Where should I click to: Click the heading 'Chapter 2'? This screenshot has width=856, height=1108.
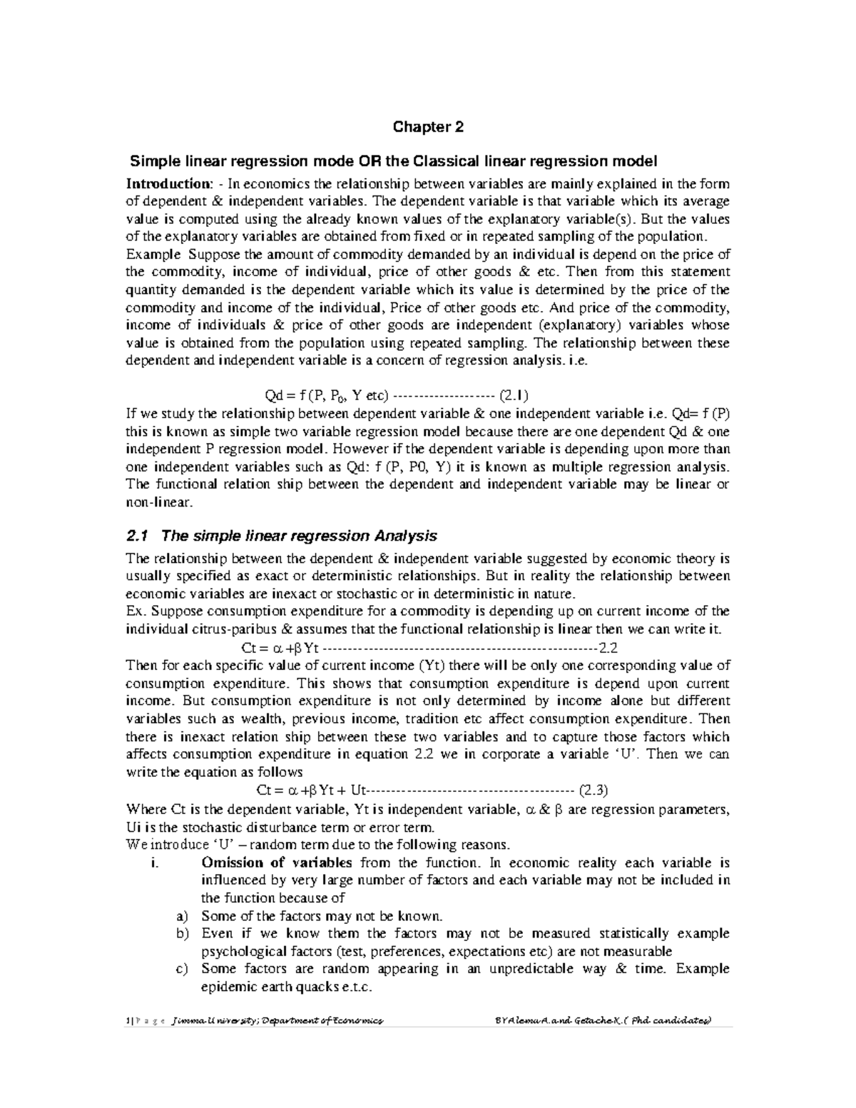pos(428,128)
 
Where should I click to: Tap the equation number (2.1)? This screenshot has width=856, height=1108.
pos(514,396)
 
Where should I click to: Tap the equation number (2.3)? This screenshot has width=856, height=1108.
pos(593,791)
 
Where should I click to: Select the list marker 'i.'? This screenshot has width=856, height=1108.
pos(155,863)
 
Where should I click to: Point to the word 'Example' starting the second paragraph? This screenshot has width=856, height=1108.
pos(148,255)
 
